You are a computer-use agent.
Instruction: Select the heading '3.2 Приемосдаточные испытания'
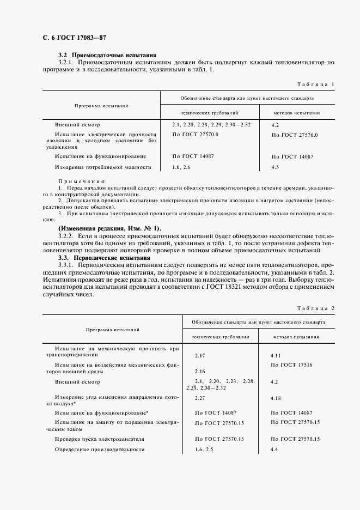[107, 55]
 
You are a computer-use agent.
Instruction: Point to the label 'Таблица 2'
[315, 308]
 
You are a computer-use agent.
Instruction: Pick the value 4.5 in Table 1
[274, 167]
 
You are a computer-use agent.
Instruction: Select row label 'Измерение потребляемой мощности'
[102, 167]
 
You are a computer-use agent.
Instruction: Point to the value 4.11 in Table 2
[276, 355]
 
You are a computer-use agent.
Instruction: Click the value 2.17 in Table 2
[199, 355]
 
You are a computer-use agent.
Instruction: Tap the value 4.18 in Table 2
[276, 398]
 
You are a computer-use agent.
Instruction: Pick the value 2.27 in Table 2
[199, 398]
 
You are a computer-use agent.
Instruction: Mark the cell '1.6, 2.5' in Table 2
[205, 450]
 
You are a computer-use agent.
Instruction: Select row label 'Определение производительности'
[100, 450]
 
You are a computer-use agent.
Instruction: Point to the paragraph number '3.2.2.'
[67, 235]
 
